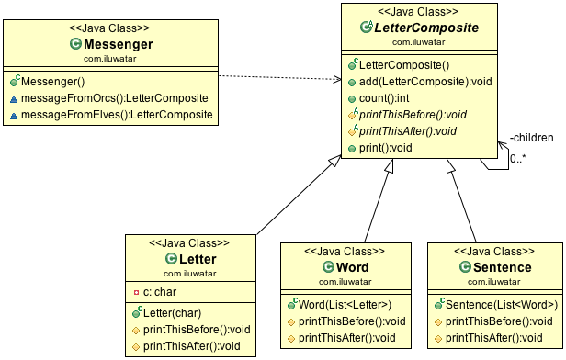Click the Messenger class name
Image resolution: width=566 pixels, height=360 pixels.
click(x=117, y=43)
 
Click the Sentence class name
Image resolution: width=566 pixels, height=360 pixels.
click(x=495, y=266)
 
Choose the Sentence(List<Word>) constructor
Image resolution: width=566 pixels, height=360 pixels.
click(x=501, y=304)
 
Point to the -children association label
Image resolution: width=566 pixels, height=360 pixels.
click(x=532, y=139)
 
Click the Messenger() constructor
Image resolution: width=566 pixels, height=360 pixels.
click(x=58, y=81)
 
